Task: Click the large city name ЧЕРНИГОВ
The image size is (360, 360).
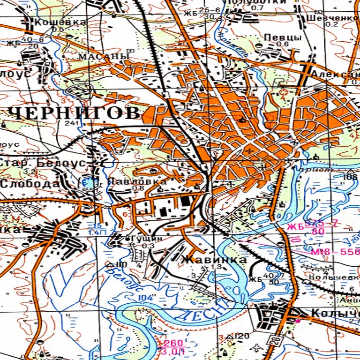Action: click(x=74, y=113)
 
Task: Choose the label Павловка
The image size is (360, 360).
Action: click(x=137, y=181)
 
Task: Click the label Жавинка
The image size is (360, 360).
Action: click(x=214, y=259)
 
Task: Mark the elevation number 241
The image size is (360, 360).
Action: click(x=71, y=123)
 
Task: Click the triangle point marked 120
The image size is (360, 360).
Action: click(x=230, y=337)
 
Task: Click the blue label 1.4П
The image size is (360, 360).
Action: click(x=94, y=232)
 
